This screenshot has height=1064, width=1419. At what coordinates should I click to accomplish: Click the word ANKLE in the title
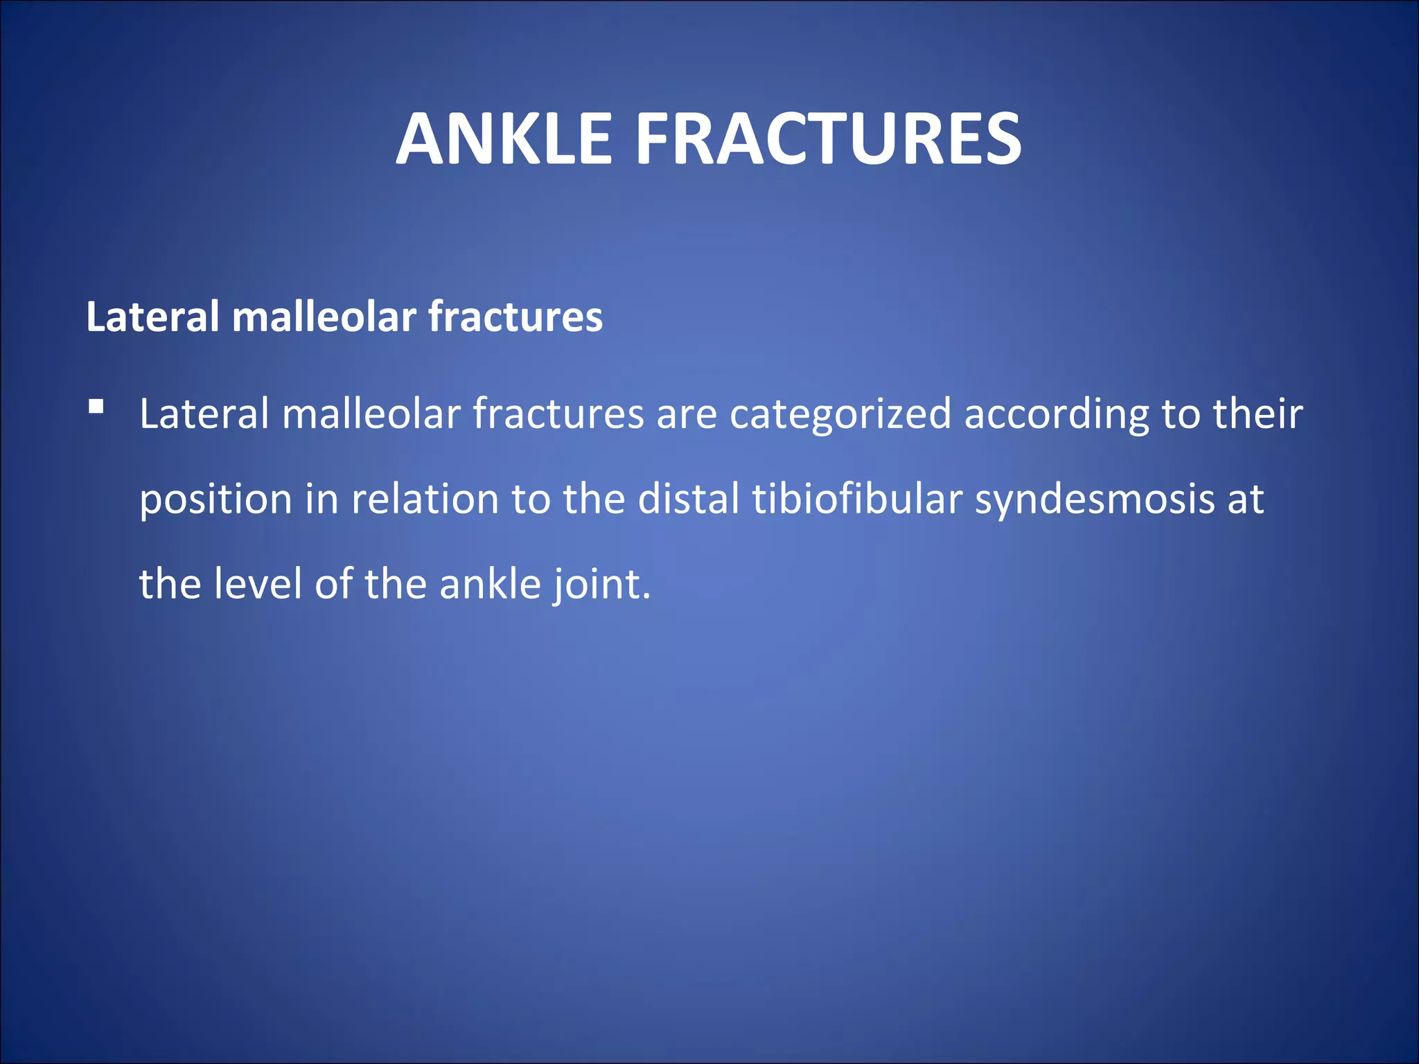[504, 140]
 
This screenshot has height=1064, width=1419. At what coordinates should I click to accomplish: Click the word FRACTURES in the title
[828, 140]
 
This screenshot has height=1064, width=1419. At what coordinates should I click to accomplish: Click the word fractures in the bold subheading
[515, 317]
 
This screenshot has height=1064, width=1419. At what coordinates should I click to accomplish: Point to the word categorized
[840, 414]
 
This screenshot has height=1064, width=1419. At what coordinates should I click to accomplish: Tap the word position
[215, 500]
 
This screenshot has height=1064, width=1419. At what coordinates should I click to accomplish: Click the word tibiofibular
[857, 499]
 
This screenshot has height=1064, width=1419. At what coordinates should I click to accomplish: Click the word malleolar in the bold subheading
[324, 317]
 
